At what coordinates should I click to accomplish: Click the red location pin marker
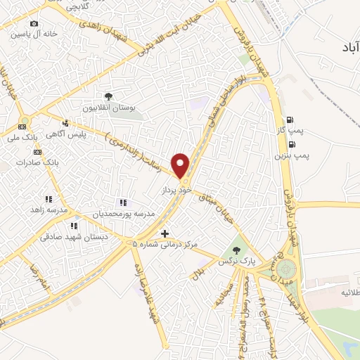pyautogui.click(x=181, y=165)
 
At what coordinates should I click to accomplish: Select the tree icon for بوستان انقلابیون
pyautogui.click(x=108, y=96)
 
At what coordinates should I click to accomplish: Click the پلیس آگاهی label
pyautogui.click(x=85, y=134)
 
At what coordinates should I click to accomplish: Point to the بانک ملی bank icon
pyautogui.click(x=22, y=127)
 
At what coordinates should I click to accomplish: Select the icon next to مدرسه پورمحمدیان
pyautogui.click(x=124, y=204)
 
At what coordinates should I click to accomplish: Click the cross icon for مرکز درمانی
pyautogui.click(x=165, y=233)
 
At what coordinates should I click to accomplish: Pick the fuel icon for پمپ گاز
pyautogui.click(x=289, y=119)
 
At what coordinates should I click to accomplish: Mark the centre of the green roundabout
pyautogui.click(x=287, y=270)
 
